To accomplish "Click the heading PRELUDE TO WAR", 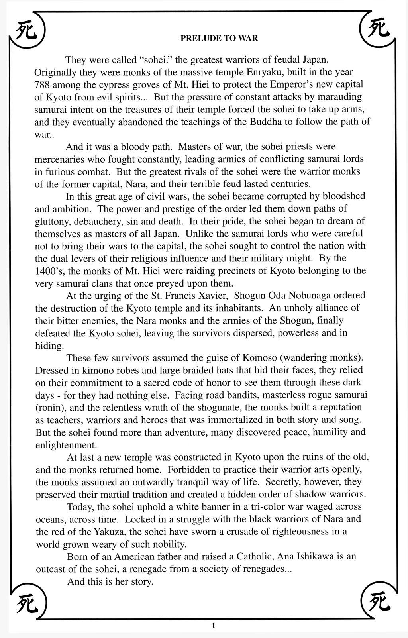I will (x=219, y=38).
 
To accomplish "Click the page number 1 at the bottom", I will (x=214, y=626).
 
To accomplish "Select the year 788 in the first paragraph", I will (x=42, y=85).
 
